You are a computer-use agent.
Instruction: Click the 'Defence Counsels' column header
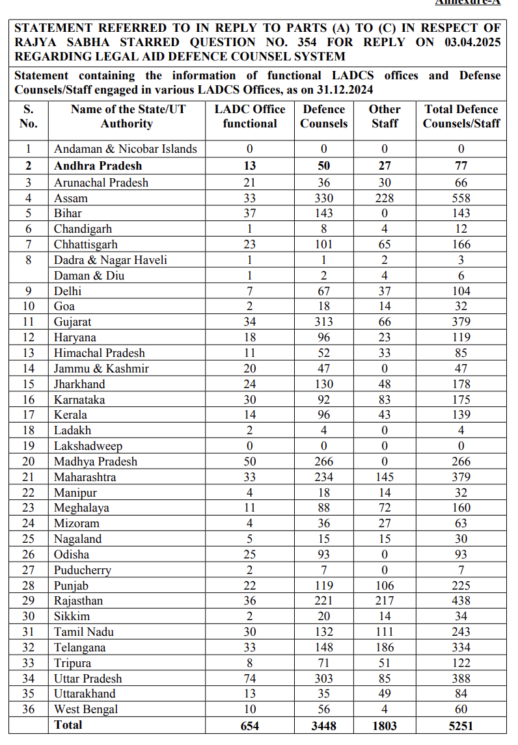323,116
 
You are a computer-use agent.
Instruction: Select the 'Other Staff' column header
385,116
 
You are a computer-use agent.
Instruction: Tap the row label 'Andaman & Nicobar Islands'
125,149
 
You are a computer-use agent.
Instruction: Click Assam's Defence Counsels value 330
323,198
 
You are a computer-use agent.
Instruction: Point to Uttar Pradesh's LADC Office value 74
250,679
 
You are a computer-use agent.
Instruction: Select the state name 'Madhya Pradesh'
96,462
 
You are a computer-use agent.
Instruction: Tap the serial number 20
29,462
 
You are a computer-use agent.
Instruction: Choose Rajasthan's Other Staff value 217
385,601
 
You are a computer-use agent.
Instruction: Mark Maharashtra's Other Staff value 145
385,477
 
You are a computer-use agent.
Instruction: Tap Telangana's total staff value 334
461,647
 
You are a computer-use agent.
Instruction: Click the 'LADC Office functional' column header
250,116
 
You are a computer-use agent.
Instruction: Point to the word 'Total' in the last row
68,725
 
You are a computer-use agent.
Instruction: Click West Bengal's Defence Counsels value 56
323,709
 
